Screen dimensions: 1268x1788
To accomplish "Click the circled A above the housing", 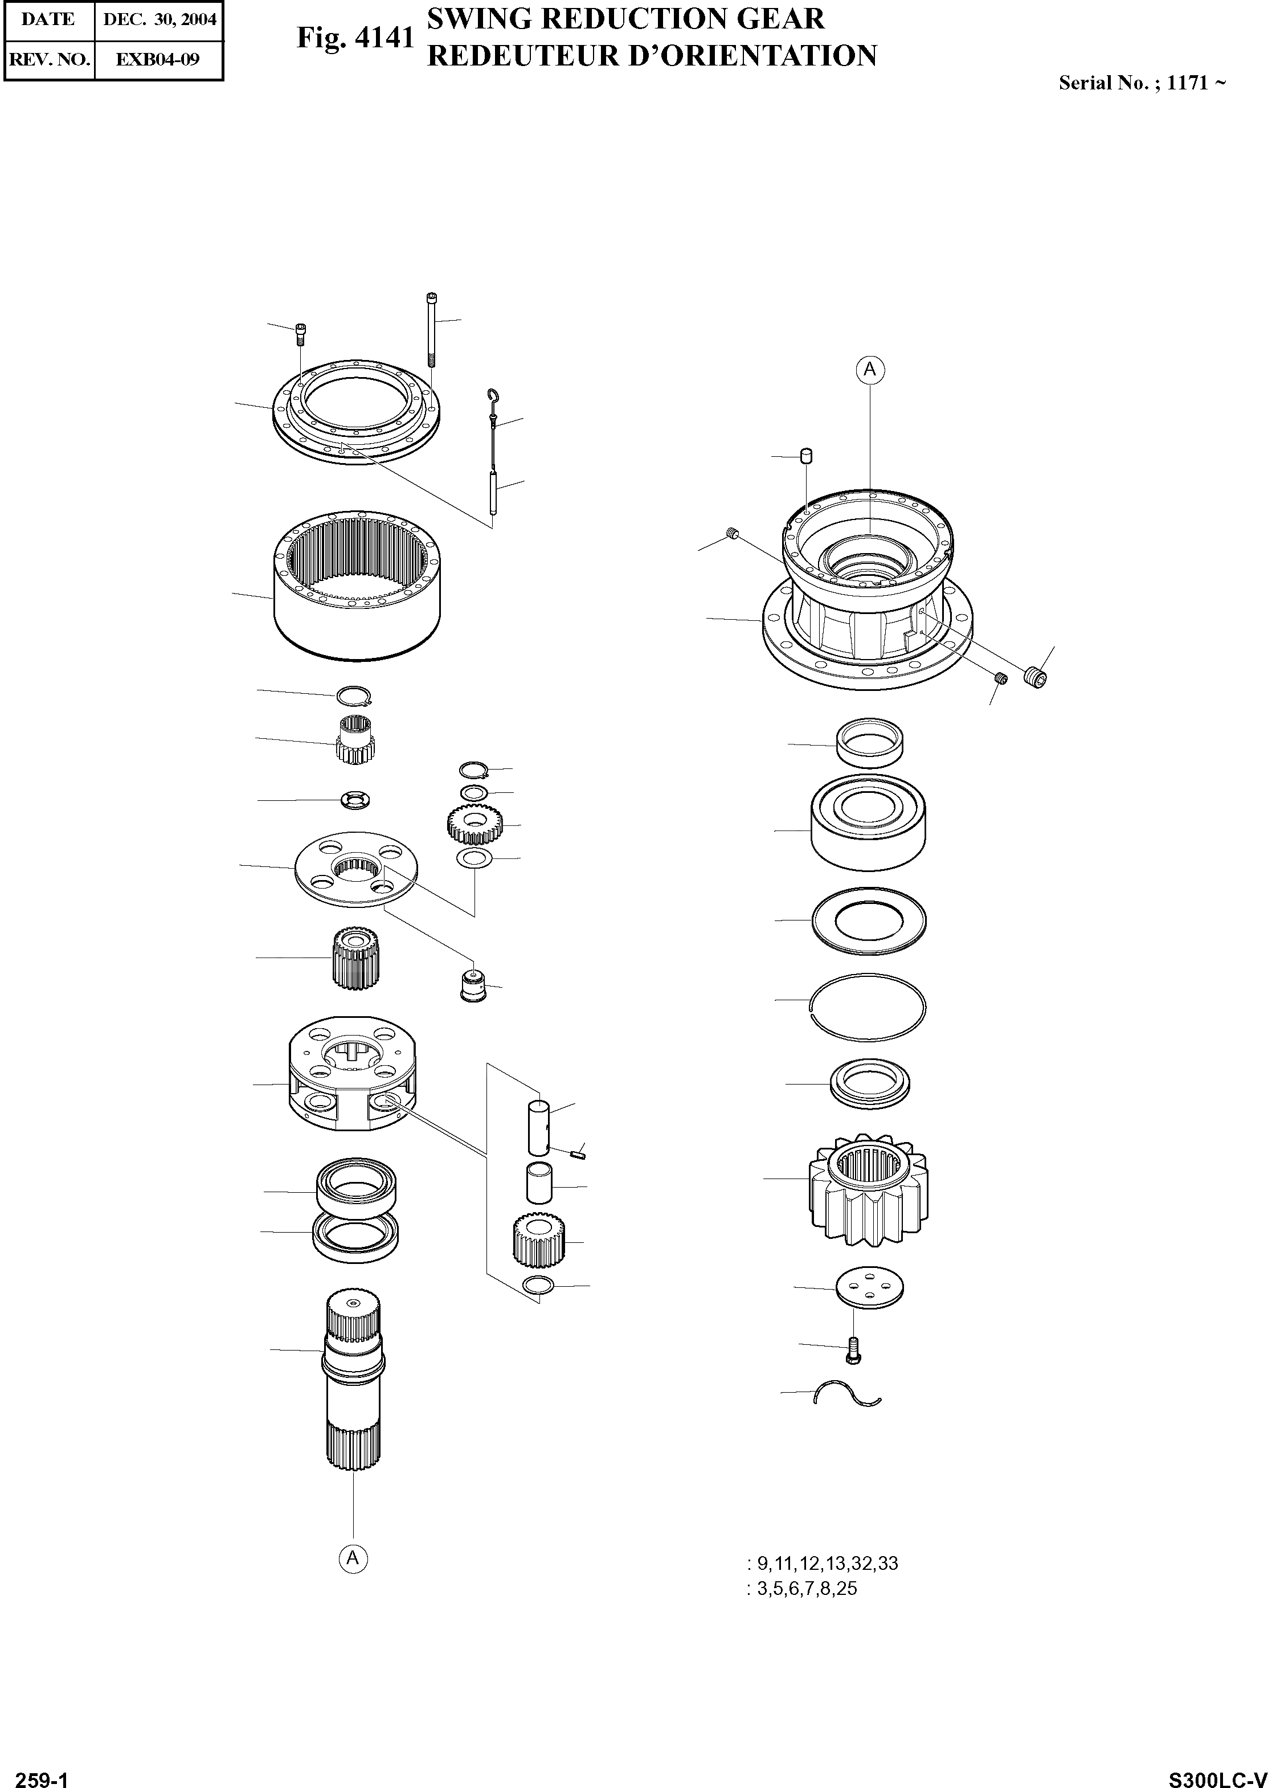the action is (870, 369).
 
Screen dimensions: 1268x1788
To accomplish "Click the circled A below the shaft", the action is (353, 1558).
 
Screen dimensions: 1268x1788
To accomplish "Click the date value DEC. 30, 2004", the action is (159, 19).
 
